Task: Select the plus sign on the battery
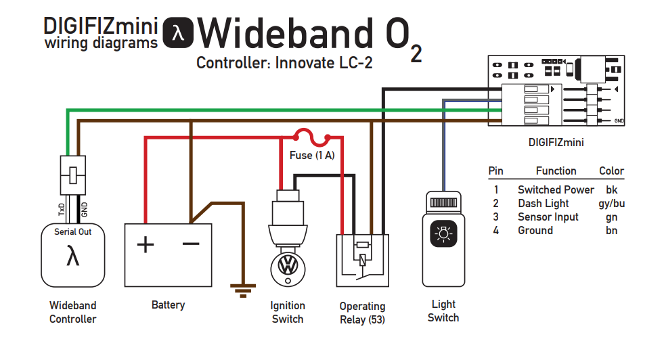145,244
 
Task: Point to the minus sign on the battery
191,243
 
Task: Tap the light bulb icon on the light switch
443,234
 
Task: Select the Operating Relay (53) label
362,313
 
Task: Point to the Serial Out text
72,231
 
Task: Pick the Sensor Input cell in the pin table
548,217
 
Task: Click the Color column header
611,171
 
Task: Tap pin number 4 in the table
495,230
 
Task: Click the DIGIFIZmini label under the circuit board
556,143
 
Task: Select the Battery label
168,305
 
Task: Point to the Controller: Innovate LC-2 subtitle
284,63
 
